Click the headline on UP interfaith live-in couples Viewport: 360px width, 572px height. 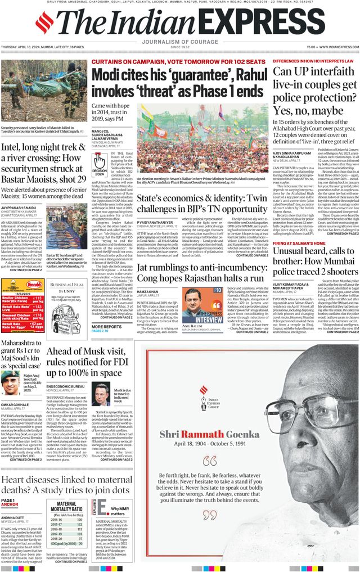click(x=314, y=92)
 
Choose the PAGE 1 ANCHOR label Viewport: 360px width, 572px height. click(x=10, y=502)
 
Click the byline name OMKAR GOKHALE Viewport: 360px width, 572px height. click(x=15, y=404)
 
